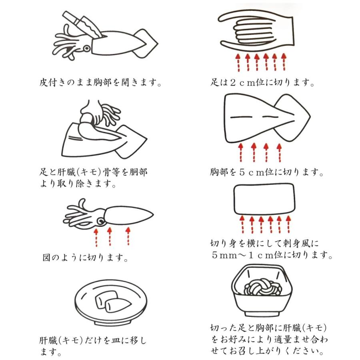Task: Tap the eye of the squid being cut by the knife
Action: click(x=86, y=48)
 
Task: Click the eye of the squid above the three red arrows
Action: click(x=101, y=221)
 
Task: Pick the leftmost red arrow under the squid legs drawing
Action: click(x=238, y=62)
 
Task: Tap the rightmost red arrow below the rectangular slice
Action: click(x=288, y=224)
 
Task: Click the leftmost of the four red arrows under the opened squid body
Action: click(x=241, y=153)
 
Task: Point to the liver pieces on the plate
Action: click(x=113, y=301)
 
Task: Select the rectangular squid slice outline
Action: click(x=264, y=199)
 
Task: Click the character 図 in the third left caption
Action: click(x=47, y=257)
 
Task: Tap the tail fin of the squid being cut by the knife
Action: click(x=146, y=43)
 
